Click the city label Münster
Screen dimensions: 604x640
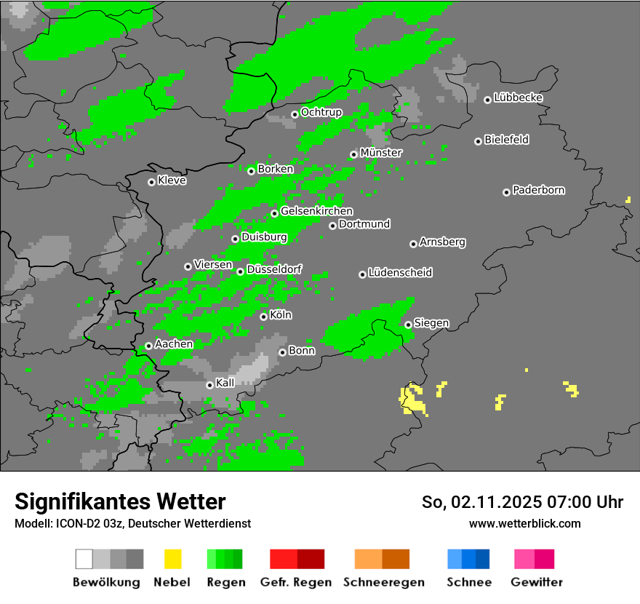click(x=381, y=153)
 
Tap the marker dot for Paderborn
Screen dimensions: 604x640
click(x=506, y=192)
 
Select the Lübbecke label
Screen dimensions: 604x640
click(x=519, y=98)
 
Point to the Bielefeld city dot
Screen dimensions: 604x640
click(x=478, y=141)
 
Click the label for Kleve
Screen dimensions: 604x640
click(x=172, y=180)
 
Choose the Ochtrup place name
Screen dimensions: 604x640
click(x=321, y=112)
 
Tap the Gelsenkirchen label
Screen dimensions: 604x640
click(x=316, y=211)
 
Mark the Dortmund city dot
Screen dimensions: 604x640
click(x=332, y=226)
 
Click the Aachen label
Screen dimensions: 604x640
click(x=174, y=343)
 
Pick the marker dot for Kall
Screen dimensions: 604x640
click(x=209, y=385)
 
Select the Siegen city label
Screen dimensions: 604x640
click(x=432, y=322)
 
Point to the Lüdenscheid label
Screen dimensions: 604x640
click(x=401, y=272)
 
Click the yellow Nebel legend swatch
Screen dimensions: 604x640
click(x=172, y=559)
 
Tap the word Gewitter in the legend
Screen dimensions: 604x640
click(x=537, y=582)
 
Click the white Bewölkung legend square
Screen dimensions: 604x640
click(x=84, y=559)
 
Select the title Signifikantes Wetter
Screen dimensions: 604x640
click(x=120, y=501)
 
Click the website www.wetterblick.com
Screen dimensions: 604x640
click(x=525, y=523)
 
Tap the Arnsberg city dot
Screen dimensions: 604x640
click(x=413, y=244)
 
